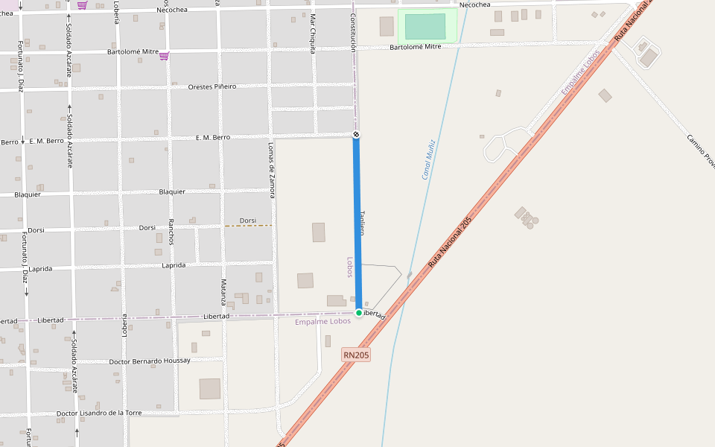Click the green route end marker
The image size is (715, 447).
pyautogui.click(x=359, y=313)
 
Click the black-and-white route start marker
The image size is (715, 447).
pyautogui.click(x=356, y=135)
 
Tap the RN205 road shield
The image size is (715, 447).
pyautogui.click(x=356, y=355)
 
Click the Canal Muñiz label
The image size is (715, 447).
pyautogui.click(x=428, y=159)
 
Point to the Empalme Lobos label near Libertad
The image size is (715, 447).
pyautogui.click(x=322, y=322)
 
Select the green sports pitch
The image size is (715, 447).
pyautogui.click(x=425, y=26)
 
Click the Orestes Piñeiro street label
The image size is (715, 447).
pyautogui.click(x=212, y=86)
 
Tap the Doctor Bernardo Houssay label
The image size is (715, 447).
pyautogui.click(x=149, y=361)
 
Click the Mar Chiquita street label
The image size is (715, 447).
pyautogui.click(x=313, y=34)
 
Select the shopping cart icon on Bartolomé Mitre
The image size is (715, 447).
pyautogui.click(x=164, y=56)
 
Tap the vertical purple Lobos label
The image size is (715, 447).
pyautogui.click(x=349, y=267)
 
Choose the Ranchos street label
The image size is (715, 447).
pyautogui.click(x=171, y=232)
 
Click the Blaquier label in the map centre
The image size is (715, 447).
pyautogui.click(x=172, y=191)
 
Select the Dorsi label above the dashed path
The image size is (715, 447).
pyautogui.click(x=248, y=221)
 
